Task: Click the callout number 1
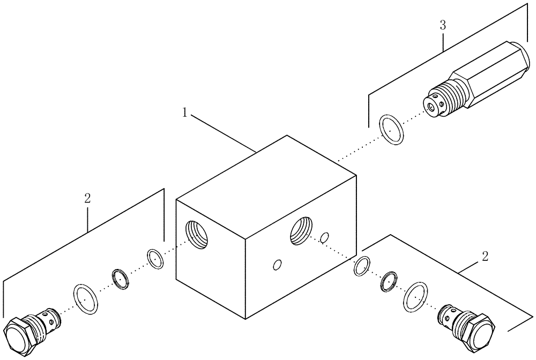184,112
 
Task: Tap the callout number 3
442,25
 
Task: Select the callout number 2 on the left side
87,198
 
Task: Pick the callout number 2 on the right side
485,257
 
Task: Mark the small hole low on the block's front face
277,264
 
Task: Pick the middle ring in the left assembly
122,279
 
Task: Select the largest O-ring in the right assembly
416,297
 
